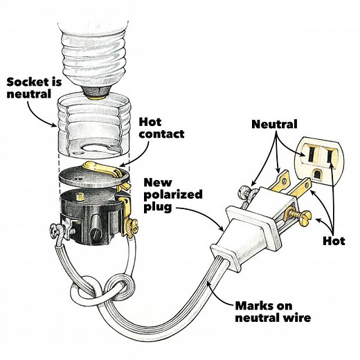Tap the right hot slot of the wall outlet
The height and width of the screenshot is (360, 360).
[330, 154]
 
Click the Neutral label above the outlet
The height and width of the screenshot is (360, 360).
[274, 125]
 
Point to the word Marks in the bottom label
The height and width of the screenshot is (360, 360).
[245, 305]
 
